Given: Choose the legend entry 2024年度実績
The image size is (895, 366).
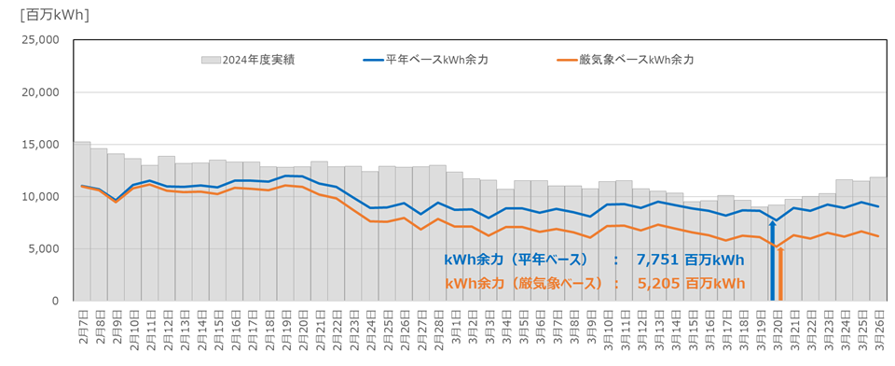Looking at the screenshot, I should (248, 60).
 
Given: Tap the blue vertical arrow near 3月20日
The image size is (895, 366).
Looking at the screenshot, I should (772, 261).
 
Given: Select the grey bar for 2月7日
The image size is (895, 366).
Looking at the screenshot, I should (82, 224).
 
